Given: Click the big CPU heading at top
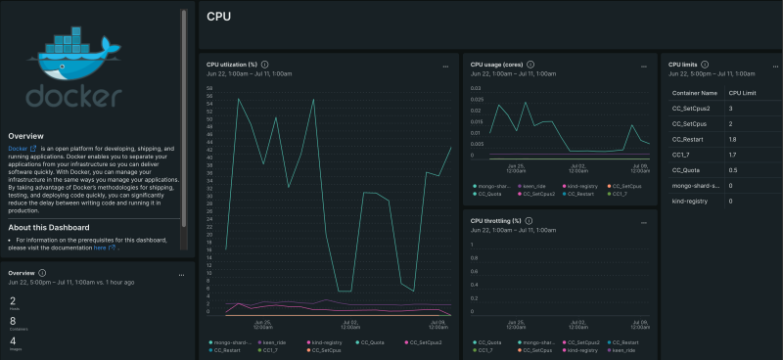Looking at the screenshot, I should [220, 16].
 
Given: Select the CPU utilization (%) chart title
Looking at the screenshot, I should [231, 65].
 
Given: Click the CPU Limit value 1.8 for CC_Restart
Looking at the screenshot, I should [733, 139].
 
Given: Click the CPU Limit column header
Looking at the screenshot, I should [744, 92].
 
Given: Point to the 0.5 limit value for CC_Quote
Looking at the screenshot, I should [733, 170].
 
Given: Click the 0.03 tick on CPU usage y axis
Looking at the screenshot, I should [477, 87].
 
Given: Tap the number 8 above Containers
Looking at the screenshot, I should [13, 320].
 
